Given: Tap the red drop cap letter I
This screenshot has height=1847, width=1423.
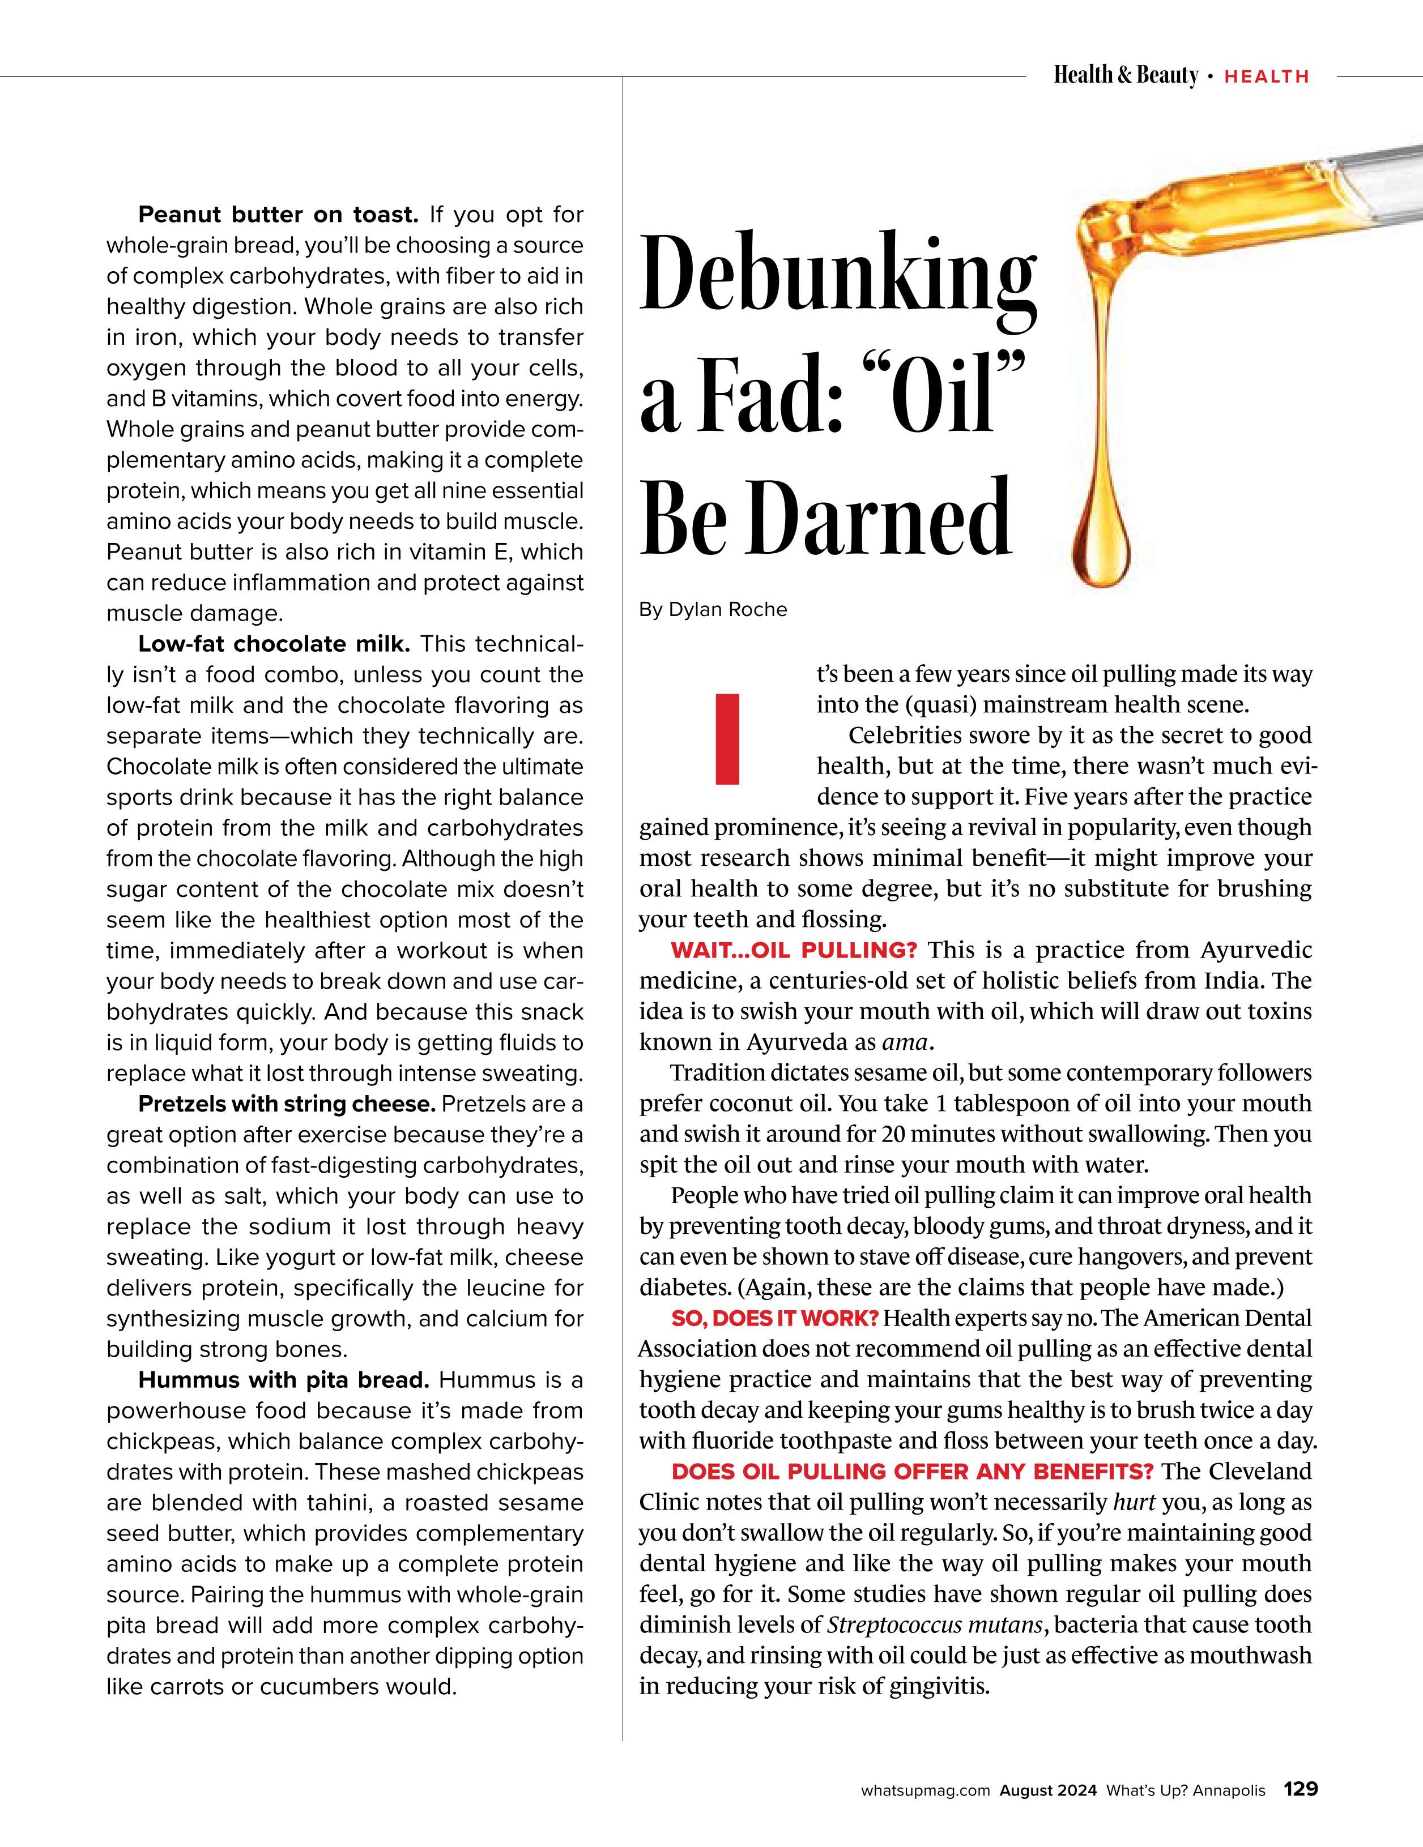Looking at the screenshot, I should [x=727, y=738].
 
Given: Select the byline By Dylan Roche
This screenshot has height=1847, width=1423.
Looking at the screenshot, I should [x=712, y=610].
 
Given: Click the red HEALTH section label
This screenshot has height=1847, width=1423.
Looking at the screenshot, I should [x=1267, y=77].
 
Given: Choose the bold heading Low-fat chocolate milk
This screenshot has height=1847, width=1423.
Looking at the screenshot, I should [x=274, y=644].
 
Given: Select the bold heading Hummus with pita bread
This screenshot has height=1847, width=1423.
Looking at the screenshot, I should [x=283, y=1380].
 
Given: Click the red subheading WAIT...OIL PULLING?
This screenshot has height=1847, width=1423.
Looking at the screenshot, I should [x=794, y=951].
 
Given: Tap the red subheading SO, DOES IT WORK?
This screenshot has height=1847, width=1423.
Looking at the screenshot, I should [x=775, y=1319].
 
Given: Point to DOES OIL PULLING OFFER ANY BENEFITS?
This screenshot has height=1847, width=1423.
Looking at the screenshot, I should [x=912, y=1472].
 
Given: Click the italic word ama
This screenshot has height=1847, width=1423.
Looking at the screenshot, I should [x=905, y=1043].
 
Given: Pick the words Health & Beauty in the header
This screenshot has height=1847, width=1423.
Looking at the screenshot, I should [x=1125, y=76].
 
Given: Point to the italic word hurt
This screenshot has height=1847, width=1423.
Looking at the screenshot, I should [x=1134, y=1503].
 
